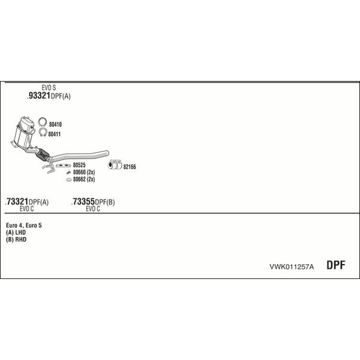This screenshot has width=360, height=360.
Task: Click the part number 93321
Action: [x=38, y=95]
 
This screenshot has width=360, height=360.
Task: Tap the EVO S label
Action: [x=49, y=88]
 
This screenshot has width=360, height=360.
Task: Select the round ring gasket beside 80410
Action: [x=42, y=122]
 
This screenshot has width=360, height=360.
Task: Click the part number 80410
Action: [x=55, y=124]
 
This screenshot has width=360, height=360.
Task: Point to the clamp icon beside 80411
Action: [x=43, y=132]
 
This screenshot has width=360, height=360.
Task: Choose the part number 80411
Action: [x=55, y=134]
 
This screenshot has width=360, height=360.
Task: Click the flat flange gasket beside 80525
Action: [x=63, y=166]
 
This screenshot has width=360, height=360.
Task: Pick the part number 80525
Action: [x=79, y=165]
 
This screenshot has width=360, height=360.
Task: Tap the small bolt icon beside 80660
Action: [x=68, y=172]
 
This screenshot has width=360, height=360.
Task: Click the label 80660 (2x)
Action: [x=84, y=172]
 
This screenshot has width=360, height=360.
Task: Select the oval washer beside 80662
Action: [x=69, y=179]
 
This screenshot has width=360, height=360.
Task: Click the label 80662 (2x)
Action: [x=84, y=179]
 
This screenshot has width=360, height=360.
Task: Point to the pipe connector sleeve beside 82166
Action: [x=115, y=164]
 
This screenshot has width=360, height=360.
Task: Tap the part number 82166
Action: [x=130, y=167]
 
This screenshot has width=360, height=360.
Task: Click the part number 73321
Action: [x=17, y=202]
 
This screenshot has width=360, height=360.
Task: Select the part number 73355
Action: [x=83, y=202]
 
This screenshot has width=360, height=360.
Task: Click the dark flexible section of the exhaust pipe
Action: [x=43, y=155]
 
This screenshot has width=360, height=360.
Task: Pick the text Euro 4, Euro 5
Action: [x=24, y=226]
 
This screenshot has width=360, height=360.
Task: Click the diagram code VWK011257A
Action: [x=292, y=267]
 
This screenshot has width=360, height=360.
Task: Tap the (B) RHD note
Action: [x=16, y=239]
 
